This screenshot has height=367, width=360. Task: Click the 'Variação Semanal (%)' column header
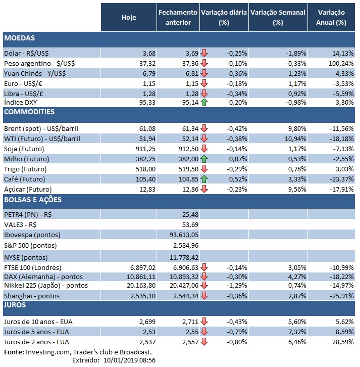278,17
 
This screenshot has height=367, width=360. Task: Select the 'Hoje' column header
129,17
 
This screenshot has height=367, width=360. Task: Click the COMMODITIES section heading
29,112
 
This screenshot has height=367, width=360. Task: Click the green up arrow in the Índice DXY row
204,102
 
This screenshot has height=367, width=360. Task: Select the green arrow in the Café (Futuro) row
204,179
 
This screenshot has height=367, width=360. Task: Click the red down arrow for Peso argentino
204,63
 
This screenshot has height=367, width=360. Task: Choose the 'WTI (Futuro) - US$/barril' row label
41,139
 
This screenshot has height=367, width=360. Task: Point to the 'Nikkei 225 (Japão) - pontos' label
46,286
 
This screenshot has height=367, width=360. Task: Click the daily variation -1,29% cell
237,286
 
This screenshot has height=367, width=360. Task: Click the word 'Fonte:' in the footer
14,352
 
